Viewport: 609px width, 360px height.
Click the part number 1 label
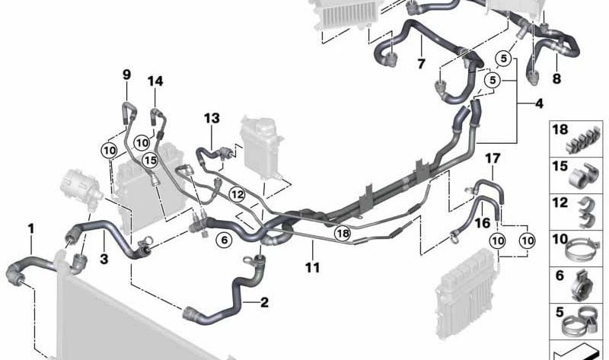(31, 229)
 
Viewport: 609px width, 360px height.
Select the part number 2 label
(264, 302)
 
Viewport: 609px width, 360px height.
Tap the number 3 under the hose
(104, 259)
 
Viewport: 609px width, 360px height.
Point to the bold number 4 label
(539, 104)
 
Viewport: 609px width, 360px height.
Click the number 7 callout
(422, 63)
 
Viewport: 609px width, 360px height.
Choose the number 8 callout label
(556, 79)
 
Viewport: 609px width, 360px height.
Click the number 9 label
(126, 75)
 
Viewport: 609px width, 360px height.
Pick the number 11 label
(313, 267)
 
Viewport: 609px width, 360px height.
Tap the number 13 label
(212, 118)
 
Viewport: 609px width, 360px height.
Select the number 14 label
(155, 81)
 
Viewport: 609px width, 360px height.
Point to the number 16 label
(483, 223)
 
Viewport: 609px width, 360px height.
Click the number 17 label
(493, 158)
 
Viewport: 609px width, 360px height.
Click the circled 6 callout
(224, 240)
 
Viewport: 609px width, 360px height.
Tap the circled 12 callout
(238, 194)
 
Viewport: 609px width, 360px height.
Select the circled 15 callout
(150, 160)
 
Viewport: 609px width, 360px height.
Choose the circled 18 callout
(343, 233)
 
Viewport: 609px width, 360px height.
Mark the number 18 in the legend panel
(560, 129)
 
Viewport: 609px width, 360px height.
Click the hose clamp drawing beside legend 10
(579, 250)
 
